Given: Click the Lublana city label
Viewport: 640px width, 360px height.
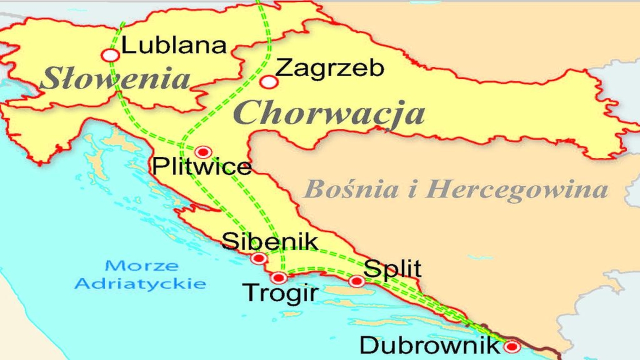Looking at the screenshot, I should pyautogui.click(x=174, y=45).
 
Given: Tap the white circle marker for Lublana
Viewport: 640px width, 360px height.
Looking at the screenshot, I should pyautogui.click(x=110, y=55).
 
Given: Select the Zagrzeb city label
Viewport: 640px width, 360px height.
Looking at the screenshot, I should pyautogui.click(x=329, y=68).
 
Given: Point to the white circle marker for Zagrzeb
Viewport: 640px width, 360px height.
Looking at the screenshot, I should pyautogui.click(x=269, y=82).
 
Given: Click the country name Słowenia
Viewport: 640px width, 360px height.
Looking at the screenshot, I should pyautogui.click(x=115, y=79).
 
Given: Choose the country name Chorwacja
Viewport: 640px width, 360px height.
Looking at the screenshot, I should pyautogui.click(x=329, y=113).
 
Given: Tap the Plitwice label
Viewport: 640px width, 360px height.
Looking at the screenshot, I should pyautogui.click(x=201, y=166).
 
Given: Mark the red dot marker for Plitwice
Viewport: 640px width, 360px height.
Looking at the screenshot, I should pyautogui.click(x=203, y=152).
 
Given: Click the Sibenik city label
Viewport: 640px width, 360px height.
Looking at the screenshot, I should pyautogui.click(x=270, y=241).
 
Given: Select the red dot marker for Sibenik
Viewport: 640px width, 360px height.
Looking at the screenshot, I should pyautogui.click(x=258, y=258).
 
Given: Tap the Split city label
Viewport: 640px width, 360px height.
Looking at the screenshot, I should pyautogui.click(x=392, y=269).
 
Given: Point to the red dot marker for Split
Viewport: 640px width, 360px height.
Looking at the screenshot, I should pyautogui.click(x=356, y=281).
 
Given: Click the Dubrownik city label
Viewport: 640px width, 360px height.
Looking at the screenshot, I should pyautogui.click(x=429, y=345).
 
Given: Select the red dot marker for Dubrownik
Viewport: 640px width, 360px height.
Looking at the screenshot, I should pyautogui.click(x=511, y=346).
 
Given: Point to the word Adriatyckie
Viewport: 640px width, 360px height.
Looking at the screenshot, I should pyautogui.click(x=140, y=284).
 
